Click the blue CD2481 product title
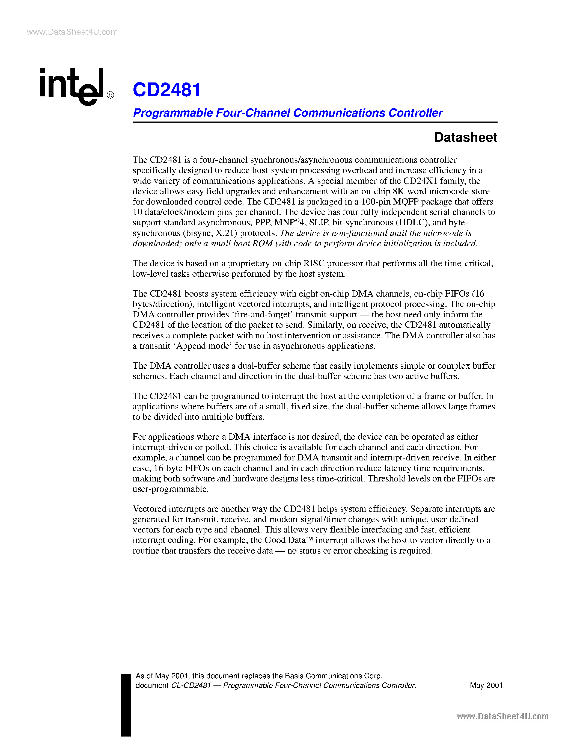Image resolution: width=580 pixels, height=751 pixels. click(x=167, y=90)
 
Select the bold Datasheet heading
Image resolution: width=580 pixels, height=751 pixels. click(x=466, y=137)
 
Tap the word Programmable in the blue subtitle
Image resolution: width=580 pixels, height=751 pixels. click(x=173, y=113)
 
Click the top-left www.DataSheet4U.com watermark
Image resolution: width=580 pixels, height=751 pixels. click(x=72, y=32)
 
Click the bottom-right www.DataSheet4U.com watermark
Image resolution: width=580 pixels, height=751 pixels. click(x=503, y=716)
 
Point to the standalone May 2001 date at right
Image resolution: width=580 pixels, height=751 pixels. click(x=486, y=685)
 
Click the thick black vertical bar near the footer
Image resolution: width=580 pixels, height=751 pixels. click(x=126, y=705)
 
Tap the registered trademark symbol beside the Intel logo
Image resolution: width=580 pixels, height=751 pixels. click(x=110, y=95)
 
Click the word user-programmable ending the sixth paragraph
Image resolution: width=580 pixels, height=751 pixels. click(x=170, y=489)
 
